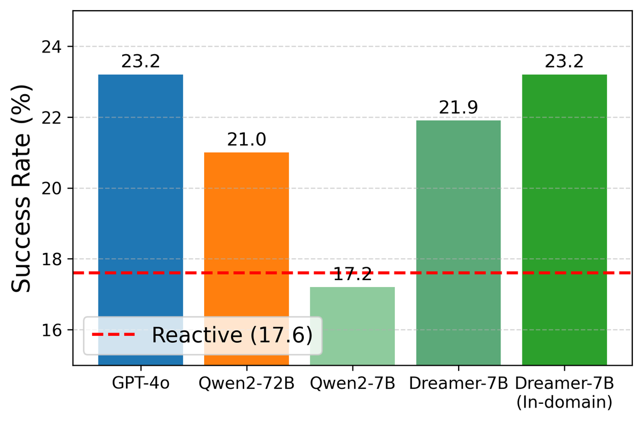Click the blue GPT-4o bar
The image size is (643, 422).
tap(140, 204)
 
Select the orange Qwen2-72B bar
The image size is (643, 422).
tap(246, 241)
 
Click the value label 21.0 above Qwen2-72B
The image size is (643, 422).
tap(246, 140)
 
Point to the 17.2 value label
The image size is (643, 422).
tap(353, 275)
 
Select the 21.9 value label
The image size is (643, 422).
tap(458, 108)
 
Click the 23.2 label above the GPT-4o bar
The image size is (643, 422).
tap(140, 62)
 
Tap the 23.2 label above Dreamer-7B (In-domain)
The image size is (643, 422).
tap(564, 62)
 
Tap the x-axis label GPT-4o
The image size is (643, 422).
tap(140, 385)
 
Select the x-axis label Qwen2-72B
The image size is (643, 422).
tap(246, 385)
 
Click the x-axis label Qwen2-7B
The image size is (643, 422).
tap(353, 385)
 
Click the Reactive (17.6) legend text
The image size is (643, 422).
tap(231, 335)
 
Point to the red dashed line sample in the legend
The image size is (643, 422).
tap(116, 335)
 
